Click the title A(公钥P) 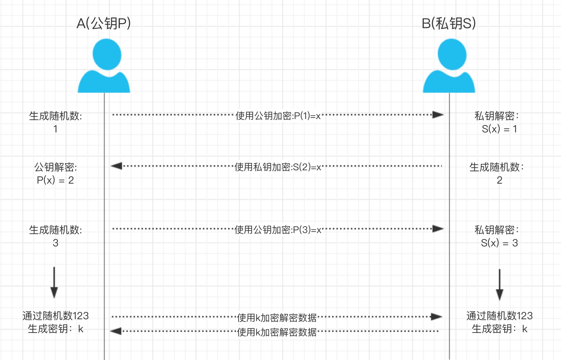104,23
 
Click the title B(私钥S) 449,23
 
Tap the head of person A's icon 107,54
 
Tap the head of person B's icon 452,54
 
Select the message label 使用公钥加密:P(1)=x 278,116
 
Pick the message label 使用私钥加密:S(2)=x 278,167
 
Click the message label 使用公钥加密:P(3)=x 278,230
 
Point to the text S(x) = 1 499,129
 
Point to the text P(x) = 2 55,180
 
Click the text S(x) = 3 499,243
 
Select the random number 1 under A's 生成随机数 55,129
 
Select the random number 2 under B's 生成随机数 499,180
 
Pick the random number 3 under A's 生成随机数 55,243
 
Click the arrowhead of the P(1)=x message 438,115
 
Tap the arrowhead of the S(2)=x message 117,166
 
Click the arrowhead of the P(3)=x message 438,229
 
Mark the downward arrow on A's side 54,282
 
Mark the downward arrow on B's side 500,285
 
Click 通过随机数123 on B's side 499,316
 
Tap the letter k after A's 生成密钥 81,329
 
